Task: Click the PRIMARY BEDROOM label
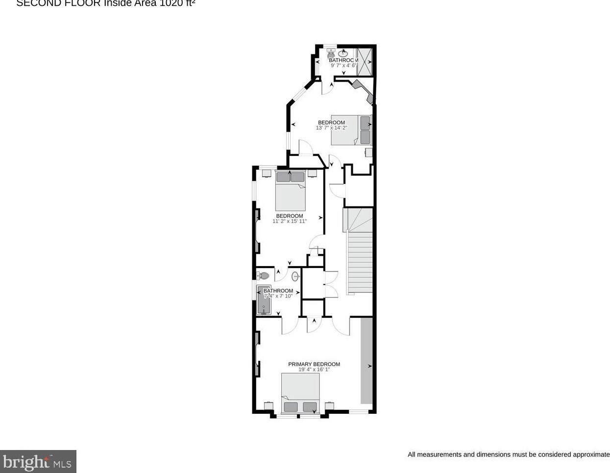point(314,364)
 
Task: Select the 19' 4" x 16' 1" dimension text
point(314,370)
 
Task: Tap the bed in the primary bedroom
point(300,394)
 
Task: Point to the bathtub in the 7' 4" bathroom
point(264,299)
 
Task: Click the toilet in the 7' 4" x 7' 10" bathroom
point(263,276)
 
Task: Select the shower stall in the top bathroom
point(365,62)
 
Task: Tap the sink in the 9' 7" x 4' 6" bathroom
point(343,52)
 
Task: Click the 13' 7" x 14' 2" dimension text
point(331,128)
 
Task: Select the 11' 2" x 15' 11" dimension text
point(289,222)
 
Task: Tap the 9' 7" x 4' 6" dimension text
point(343,66)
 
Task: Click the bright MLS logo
point(38,462)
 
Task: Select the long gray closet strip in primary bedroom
point(366,360)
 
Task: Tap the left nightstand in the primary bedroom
point(268,405)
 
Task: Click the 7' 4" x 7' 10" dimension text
point(278,296)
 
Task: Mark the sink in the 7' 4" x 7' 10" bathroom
point(295,277)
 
